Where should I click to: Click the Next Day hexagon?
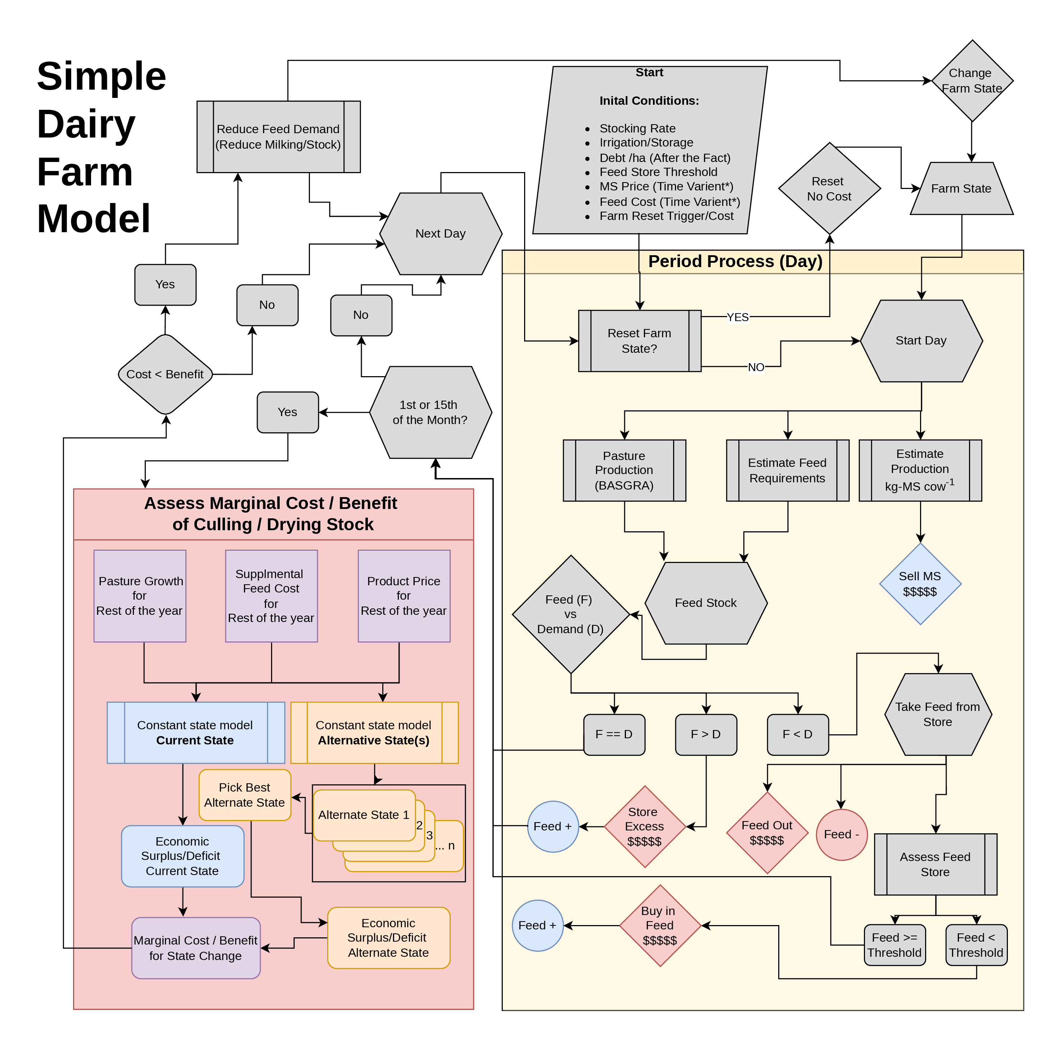click(441, 234)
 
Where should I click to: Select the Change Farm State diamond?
click(972, 81)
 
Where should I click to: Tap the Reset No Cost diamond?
click(829, 189)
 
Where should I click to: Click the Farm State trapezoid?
click(961, 189)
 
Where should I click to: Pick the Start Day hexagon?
click(921, 341)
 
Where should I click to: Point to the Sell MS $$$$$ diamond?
click(920, 584)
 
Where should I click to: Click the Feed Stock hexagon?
click(706, 603)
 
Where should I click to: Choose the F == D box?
click(614, 735)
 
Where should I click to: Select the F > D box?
click(706, 735)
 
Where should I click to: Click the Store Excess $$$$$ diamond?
click(645, 826)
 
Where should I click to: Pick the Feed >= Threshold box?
click(894, 945)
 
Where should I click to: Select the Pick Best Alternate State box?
click(244, 795)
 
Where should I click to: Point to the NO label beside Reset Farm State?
click(756, 367)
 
